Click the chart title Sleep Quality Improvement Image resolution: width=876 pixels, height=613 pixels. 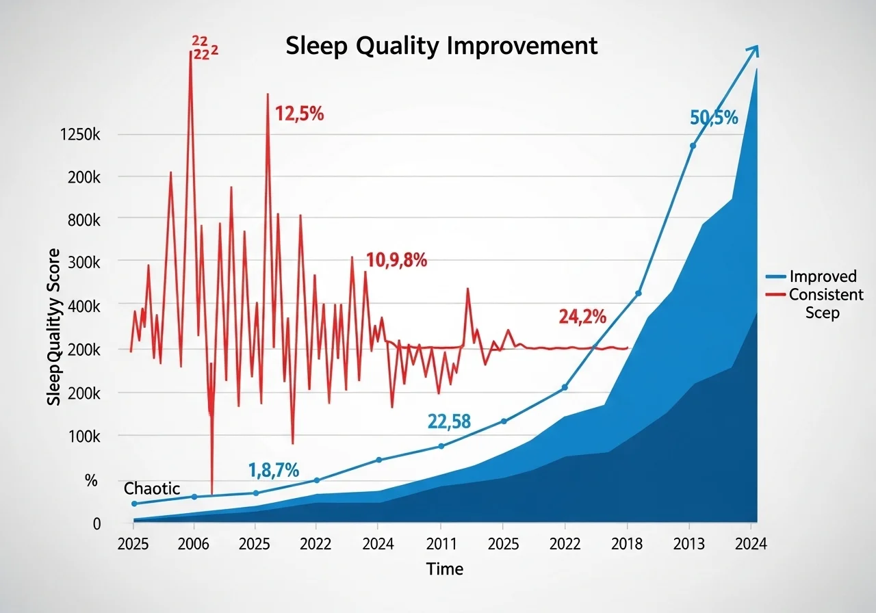click(x=441, y=46)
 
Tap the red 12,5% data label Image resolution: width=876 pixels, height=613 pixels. click(x=299, y=114)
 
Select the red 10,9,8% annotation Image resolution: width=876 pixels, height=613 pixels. click(x=396, y=260)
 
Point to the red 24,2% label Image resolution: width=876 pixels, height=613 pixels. click(x=582, y=316)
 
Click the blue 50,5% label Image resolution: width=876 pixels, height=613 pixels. click(x=714, y=118)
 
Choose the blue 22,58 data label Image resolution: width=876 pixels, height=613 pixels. click(x=449, y=421)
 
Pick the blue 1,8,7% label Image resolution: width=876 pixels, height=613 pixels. click(x=273, y=470)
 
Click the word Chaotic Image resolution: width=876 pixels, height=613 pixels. click(x=152, y=488)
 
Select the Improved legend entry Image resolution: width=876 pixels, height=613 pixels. click(x=823, y=276)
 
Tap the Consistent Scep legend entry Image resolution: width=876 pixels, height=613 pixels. click(x=825, y=303)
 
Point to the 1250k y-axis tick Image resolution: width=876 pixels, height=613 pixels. click(x=80, y=134)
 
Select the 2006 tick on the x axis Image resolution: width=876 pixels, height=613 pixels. click(x=194, y=545)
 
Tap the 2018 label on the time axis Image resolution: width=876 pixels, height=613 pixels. click(x=628, y=545)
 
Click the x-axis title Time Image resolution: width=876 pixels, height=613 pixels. click(x=444, y=569)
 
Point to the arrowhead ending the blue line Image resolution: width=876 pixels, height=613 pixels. click(x=753, y=50)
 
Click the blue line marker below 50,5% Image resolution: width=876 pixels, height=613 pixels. click(x=693, y=146)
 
